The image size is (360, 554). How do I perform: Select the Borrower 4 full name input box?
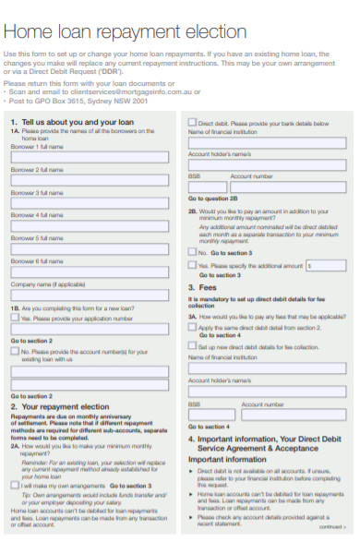click(x=90, y=226)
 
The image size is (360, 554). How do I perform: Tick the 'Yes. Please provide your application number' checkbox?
click(x=15, y=317)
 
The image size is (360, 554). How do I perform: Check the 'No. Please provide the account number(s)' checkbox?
click(x=15, y=351)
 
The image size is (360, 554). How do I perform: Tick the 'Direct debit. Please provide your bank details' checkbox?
click(x=192, y=123)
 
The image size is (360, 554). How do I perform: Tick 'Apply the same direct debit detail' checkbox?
click(x=192, y=327)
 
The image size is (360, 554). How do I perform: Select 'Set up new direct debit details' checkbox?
click(x=192, y=346)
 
